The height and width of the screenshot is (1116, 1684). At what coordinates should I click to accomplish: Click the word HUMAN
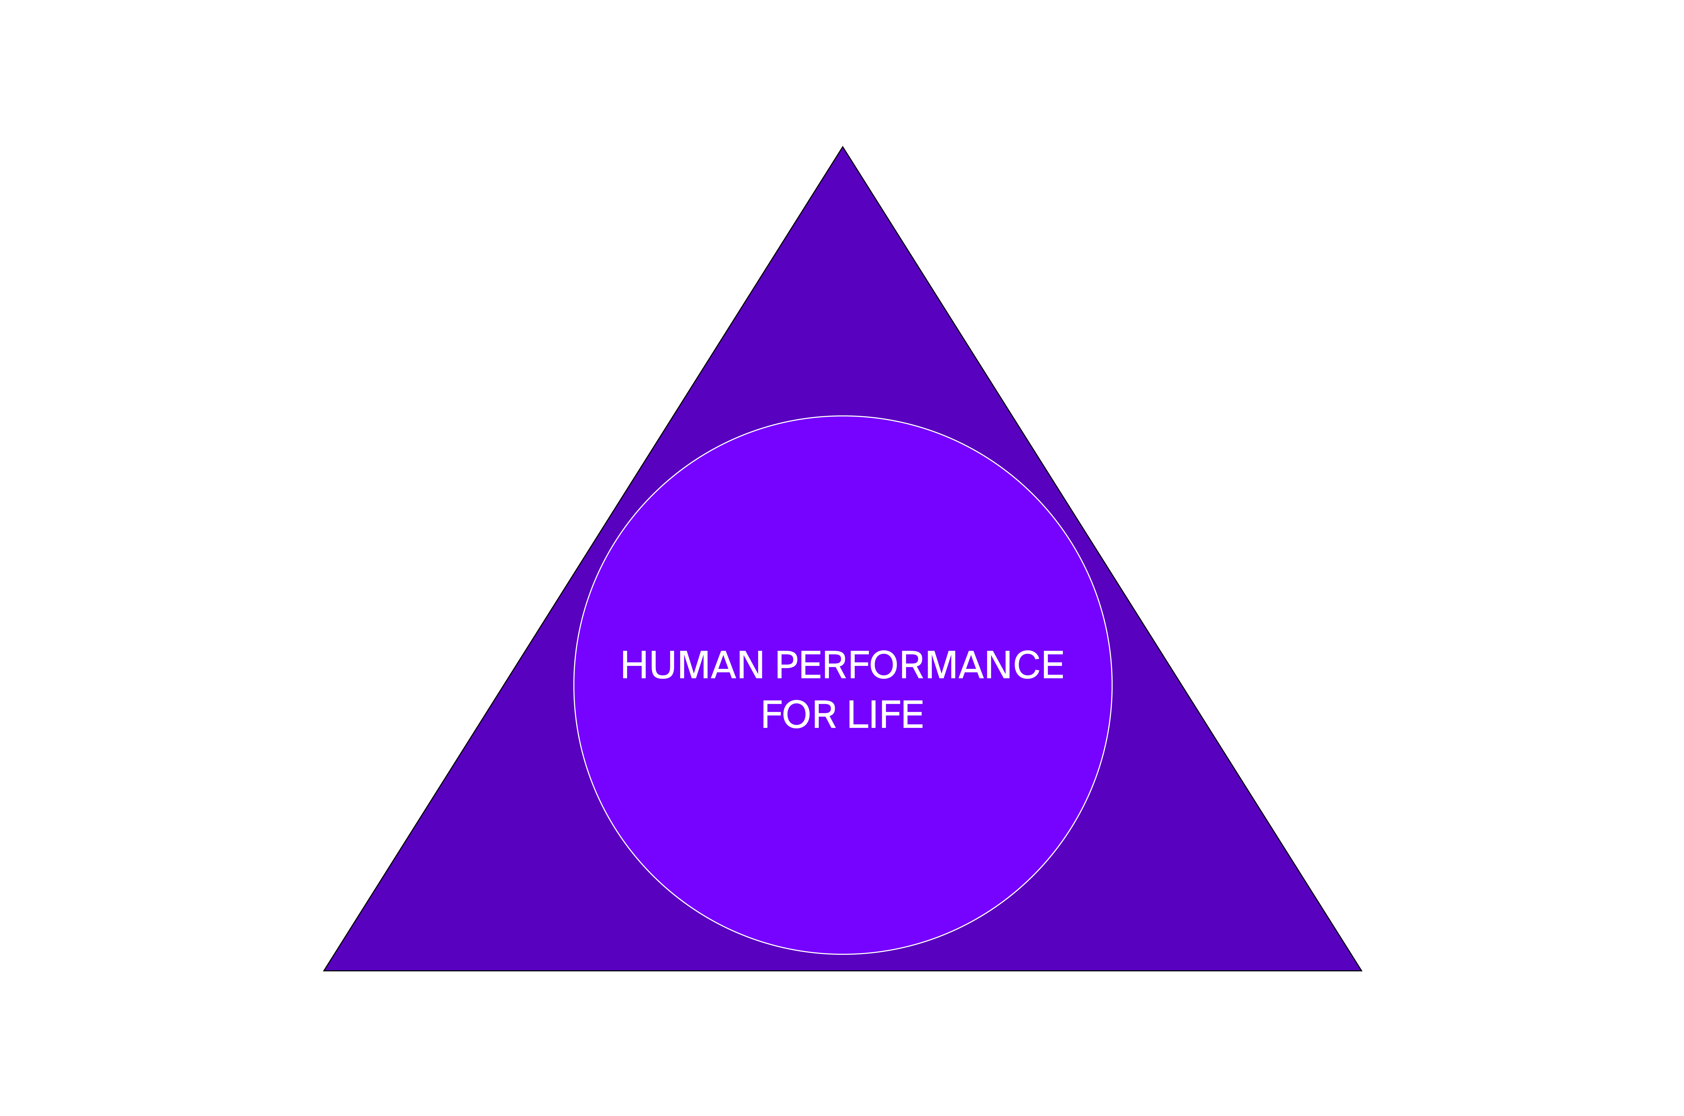tap(692, 664)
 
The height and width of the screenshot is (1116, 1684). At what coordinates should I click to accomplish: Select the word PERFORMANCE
tap(920, 664)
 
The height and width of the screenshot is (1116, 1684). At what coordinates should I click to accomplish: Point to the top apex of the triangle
tap(842, 147)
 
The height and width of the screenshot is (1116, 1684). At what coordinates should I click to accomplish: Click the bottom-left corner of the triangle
tap(324, 971)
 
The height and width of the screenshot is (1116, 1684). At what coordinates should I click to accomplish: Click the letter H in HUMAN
tap(634, 664)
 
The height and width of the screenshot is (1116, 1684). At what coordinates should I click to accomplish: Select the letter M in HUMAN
tap(694, 664)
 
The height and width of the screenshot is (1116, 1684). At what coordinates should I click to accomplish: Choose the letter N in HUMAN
tap(751, 664)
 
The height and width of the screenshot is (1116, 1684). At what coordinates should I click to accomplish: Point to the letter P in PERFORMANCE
tap(787, 664)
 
